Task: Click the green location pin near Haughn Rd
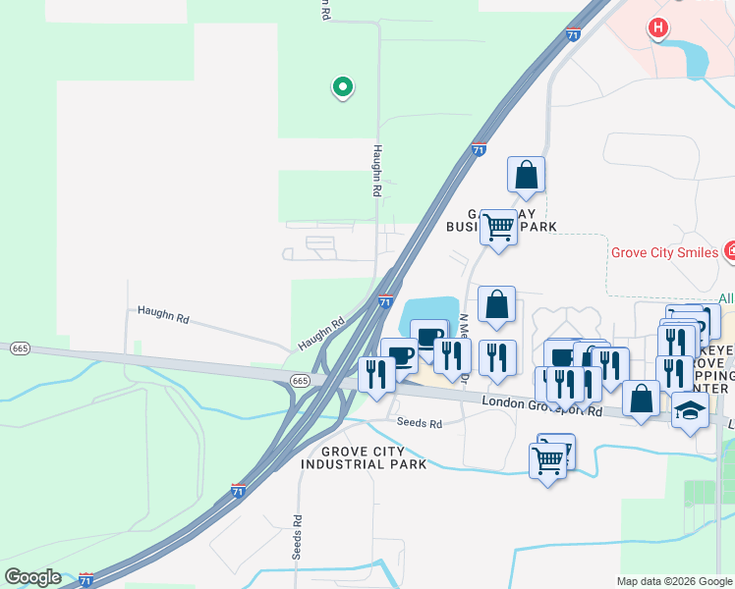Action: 342,87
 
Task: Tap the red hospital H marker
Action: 658,28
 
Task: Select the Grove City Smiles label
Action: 664,252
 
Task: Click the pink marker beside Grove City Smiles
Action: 729,252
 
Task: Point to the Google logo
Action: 32,577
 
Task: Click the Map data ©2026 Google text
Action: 673,581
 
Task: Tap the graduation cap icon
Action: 690,410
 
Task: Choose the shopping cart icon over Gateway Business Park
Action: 498,227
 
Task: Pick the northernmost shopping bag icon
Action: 526,175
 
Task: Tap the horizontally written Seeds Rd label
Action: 420,424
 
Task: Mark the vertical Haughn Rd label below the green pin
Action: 376,171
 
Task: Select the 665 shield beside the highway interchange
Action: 301,380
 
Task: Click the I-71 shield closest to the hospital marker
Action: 573,34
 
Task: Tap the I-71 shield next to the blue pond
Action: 385,303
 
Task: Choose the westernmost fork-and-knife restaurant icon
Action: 376,374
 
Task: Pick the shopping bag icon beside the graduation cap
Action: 641,399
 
